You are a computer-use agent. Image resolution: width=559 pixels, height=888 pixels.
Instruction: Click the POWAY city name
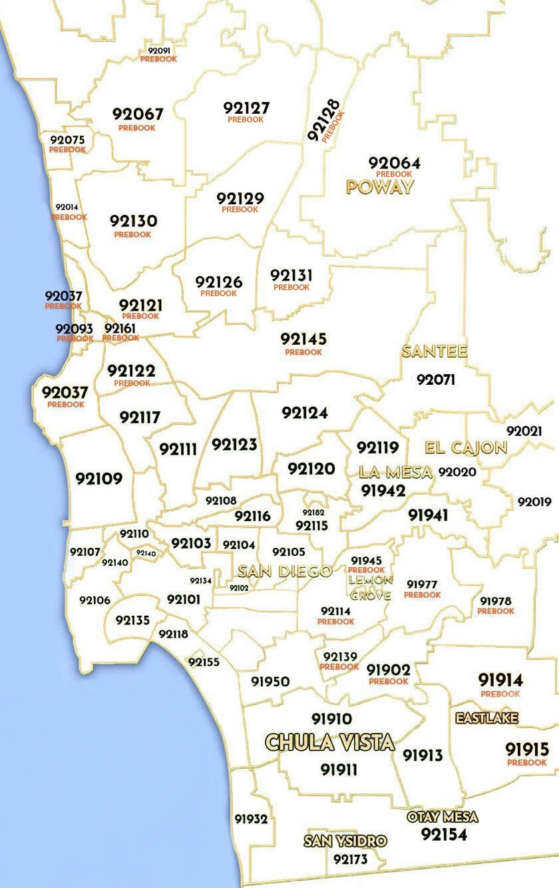[x=380, y=187]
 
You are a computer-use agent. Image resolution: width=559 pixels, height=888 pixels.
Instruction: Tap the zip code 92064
[x=395, y=163]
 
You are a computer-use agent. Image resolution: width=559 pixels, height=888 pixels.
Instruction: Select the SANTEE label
[x=435, y=351]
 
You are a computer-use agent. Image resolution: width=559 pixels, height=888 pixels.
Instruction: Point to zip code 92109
[x=99, y=479]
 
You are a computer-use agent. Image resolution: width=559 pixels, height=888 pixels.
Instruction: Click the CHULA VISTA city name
[x=329, y=742]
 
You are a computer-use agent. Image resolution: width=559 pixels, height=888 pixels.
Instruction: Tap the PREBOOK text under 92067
[x=137, y=128]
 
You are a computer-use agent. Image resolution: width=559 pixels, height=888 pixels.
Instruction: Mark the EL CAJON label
[x=466, y=447]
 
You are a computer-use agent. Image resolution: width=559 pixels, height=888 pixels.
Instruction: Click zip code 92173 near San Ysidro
[x=350, y=859]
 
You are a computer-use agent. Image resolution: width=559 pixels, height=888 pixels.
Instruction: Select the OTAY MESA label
[x=443, y=817]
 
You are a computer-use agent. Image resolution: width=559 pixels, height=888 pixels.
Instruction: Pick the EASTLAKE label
[x=486, y=718]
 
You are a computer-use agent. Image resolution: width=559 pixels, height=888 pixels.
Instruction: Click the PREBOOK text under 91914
[x=500, y=694]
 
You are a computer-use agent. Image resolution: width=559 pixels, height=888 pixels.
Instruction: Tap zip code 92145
[x=303, y=339]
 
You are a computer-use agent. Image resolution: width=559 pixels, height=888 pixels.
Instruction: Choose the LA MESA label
[x=395, y=472]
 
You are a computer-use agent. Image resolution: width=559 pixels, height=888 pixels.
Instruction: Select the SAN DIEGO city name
[x=285, y=571]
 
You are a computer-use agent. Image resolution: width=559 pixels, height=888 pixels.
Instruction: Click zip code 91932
[x=251, y=819]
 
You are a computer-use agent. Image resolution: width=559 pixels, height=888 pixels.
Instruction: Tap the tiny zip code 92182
[x=313, y=513]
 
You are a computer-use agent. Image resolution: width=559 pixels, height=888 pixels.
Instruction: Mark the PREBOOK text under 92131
[x=291, y=288]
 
